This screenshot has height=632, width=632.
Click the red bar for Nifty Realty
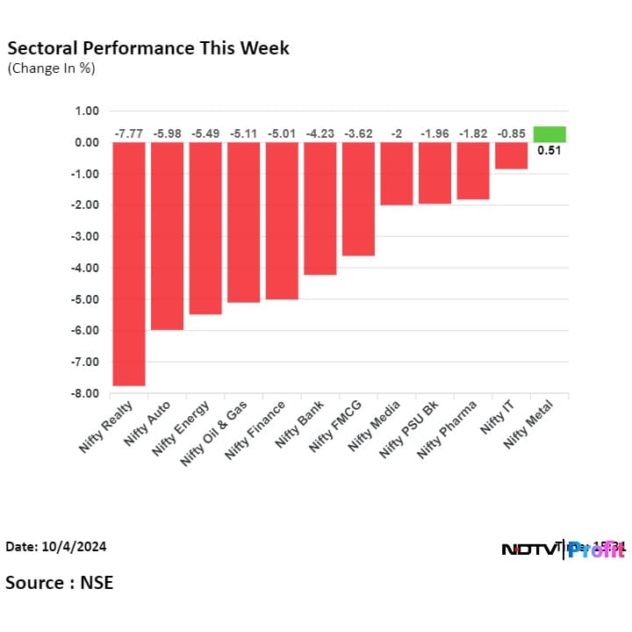pyautogui.click(x=128, y=263)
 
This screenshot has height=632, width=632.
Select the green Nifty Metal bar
pyautogui.click(x=549, y=134)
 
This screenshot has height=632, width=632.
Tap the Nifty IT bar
pyautogui.click(x=511, y=155)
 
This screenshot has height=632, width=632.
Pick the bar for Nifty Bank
pyautogui.click(x=320, y=208)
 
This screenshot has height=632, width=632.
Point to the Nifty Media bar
pyautogui.click(x=396, y=173)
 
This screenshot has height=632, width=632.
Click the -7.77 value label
pyautogui.click(x=128, y=133)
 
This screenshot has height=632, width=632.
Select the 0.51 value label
pyautogui.click(x=549, y=150)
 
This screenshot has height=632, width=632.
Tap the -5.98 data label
pyautogui.click(x=167, y=133)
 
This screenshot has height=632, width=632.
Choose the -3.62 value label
pyautogui.click(x=358, y=133)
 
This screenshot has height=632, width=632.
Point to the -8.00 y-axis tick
pyautogui.click(x=86, y=393)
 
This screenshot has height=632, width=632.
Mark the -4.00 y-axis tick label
pyautogui.click(x=86, y=268)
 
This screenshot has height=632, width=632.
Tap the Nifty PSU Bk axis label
pyautogui.click(x=407, y=430)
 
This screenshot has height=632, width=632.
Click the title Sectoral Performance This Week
pyautogui.click(x=147, y=47)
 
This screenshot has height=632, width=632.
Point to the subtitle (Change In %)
pyautogui.click(x=51, y=68)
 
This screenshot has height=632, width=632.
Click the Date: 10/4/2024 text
pyautogui.click(x=55, y=547)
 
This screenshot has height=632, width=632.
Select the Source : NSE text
pyautogui.click(x=59, y=582)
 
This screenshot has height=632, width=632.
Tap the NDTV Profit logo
pyautogui.click(x=563, y=549)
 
